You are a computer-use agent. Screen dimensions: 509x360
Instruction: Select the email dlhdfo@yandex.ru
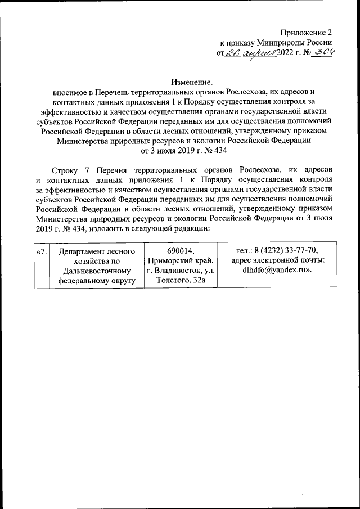[276, 271]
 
